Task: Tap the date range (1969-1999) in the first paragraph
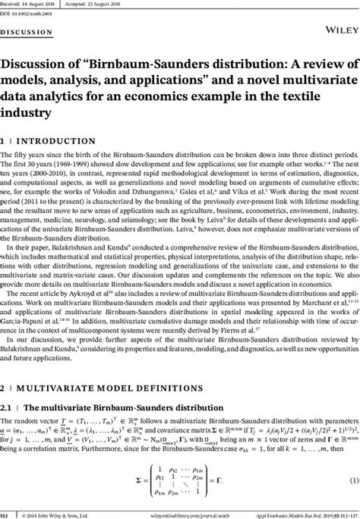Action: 89,164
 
